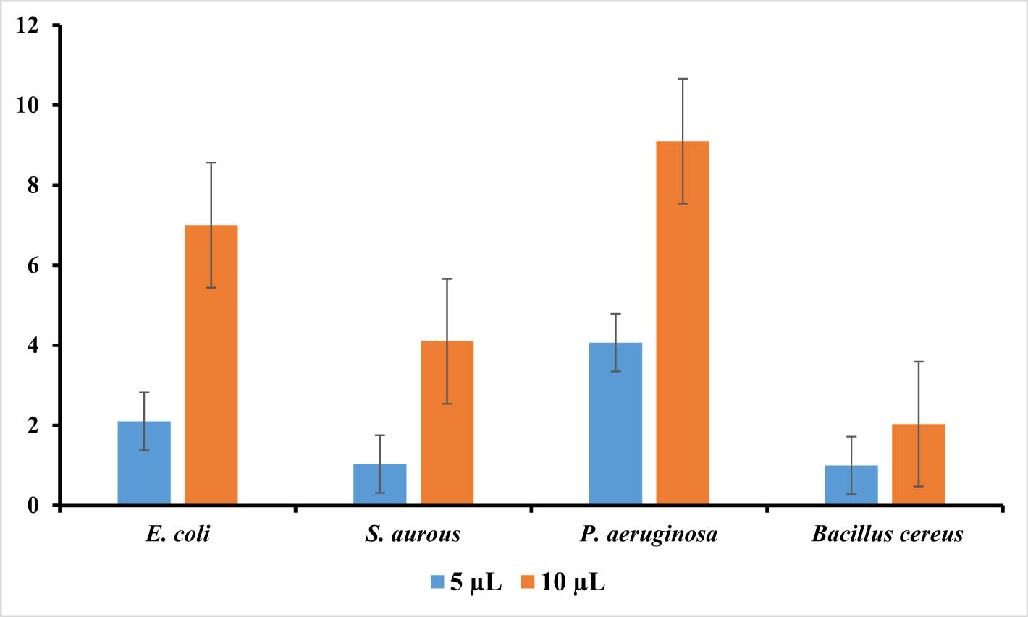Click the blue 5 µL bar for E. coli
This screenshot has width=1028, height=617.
[143, 463]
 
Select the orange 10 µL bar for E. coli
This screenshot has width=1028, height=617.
[211, 365]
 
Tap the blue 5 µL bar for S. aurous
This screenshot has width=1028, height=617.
[379, 484]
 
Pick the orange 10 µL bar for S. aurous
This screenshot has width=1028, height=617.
[447, 422]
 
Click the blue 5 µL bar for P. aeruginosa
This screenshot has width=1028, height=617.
[615, 423]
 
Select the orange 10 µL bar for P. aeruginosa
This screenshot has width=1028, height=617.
[683, 323]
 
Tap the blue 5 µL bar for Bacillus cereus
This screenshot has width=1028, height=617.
[851, 485]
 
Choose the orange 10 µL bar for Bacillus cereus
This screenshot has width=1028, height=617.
[918, 464]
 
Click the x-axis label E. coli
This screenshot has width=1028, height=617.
[177, 535]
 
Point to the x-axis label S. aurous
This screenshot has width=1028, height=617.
[413, 535]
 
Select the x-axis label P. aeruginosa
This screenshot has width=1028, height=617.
[649, 535]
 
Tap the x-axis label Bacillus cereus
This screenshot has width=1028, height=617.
[887, 535]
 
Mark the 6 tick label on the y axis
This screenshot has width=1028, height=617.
[33, 265]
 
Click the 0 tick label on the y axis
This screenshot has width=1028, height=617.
[33, 505]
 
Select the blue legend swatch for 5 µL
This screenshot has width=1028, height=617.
[437, 582]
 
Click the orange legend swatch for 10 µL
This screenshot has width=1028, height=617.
[528, 582]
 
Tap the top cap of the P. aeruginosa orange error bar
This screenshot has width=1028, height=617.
[683, 78]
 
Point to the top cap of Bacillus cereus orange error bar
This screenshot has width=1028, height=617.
[918, 361]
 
